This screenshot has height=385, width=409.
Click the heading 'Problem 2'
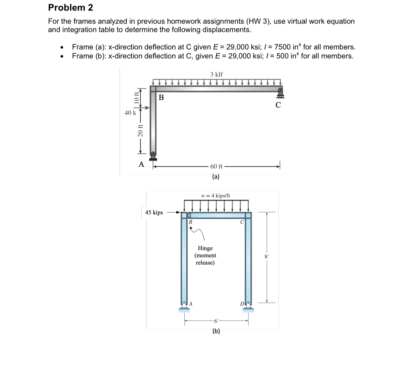tap(71, 8)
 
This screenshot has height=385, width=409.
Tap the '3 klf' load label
tap(216, 74)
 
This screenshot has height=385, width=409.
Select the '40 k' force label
tap(130, 113)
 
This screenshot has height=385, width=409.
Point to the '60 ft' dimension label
tap(216, 167)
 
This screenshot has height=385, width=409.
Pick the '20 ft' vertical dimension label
tap(140, 130)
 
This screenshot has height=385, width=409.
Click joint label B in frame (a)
tap(161, 98)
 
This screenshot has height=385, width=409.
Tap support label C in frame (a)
tap(278, 105)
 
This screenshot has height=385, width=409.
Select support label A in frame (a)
tap(141, 164)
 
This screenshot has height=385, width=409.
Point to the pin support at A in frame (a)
tap(153, 156)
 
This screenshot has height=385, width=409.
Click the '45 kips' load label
tap(154, 212)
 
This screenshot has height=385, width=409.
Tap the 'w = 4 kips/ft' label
tap(216, 196)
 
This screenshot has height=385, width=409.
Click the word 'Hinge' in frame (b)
tap(205, 248)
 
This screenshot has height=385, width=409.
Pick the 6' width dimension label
tap(216, 321)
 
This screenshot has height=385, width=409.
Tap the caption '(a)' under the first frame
tap(216, 177)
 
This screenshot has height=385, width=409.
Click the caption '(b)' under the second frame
tap(216, 331)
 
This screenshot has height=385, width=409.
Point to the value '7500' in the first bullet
tap(282, 47)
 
